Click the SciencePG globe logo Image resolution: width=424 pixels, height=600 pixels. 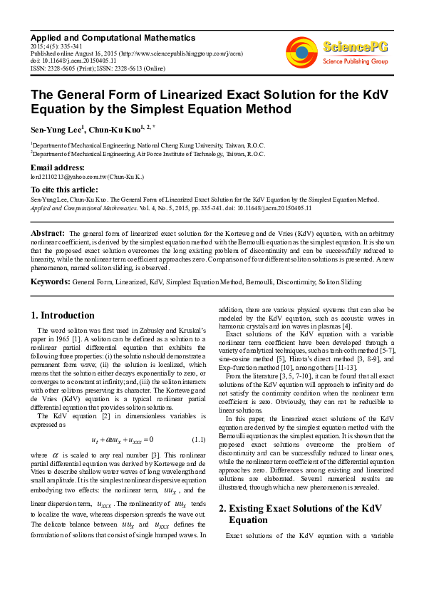[x=301, y=52]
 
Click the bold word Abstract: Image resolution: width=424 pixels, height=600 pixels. [x=48, y=233]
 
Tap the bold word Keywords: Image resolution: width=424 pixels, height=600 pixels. [x=50, y=282]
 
